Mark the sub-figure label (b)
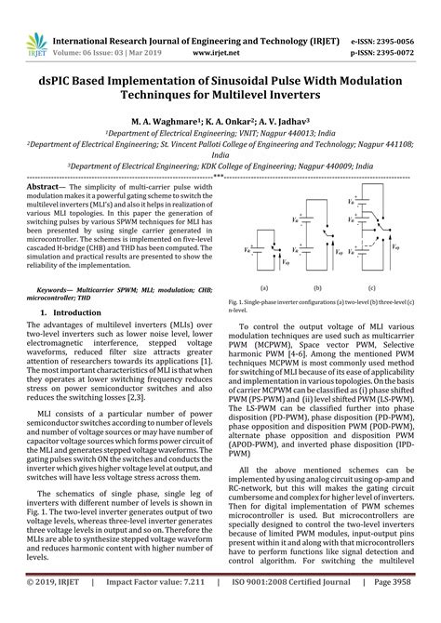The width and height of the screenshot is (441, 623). pyautogui.click(x=318, y=288)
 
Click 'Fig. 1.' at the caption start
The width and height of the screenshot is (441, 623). pyautogui.click(x=237, y=302)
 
